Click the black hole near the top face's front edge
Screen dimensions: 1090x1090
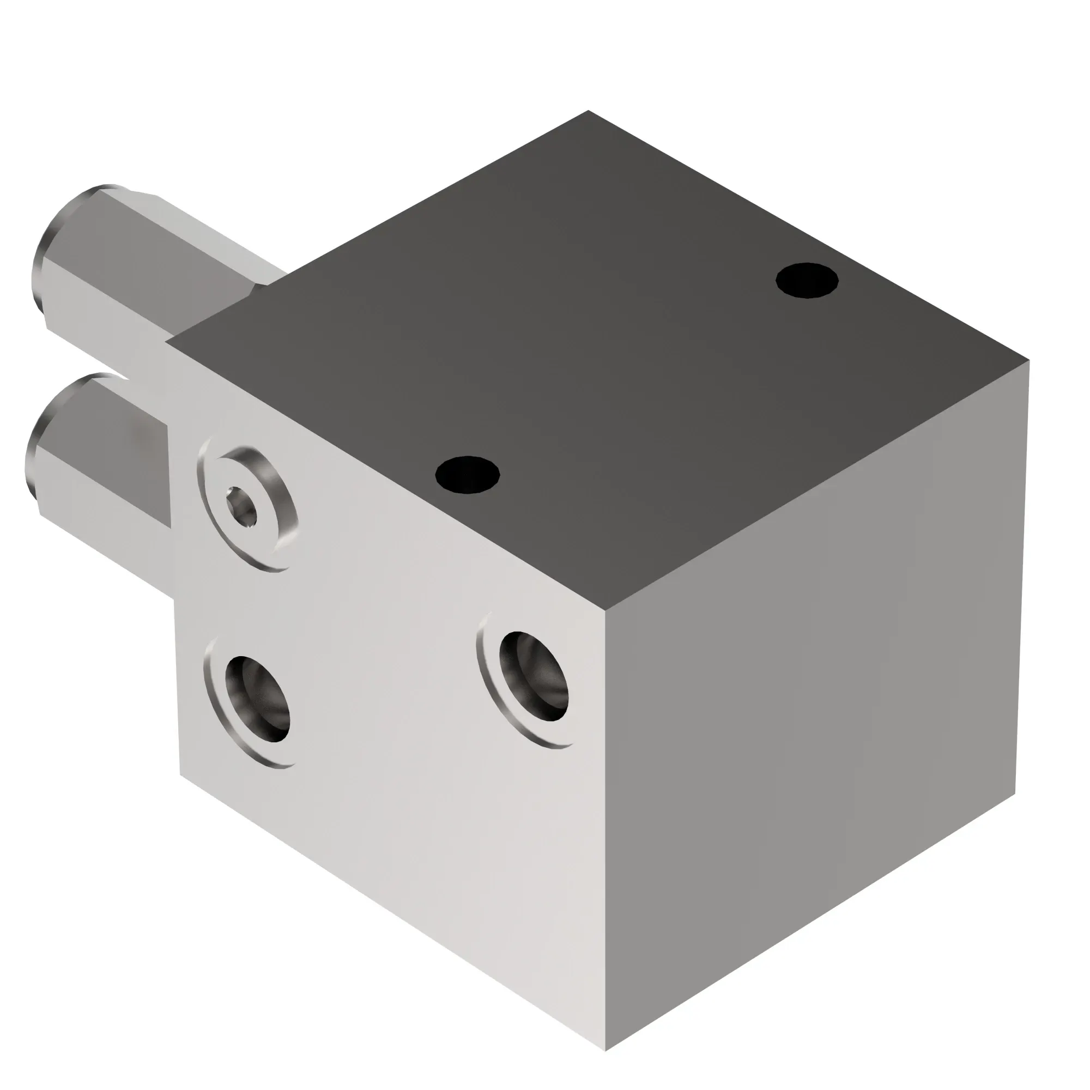click(467, 475)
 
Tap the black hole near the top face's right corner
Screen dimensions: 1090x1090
click(807, 280)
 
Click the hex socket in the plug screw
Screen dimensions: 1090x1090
click(241, 507)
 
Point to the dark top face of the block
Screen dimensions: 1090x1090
click(592, 350)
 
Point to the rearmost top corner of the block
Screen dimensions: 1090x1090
click(588, 111)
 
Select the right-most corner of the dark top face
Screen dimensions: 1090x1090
click(1029, 360)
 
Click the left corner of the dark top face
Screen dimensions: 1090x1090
click(166, 341)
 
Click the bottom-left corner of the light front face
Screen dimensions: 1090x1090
click(180, 774)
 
